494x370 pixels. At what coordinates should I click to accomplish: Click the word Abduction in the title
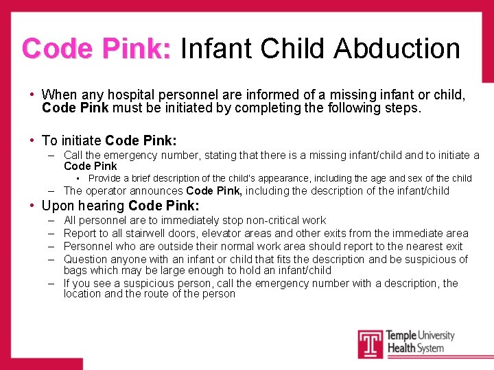tap(397, 49)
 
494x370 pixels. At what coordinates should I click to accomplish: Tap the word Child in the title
tap(294, 49)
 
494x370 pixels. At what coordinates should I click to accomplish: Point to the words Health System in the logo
tap(415, 349)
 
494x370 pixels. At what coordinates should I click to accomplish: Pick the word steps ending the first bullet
tap(403, 108)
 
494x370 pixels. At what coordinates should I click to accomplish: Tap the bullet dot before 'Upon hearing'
tap(32, 206)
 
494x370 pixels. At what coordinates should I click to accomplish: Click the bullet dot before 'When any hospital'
tap(32, 95)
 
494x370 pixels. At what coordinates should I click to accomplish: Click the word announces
tap(159, 191)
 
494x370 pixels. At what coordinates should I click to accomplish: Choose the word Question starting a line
tap(85, 259)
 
